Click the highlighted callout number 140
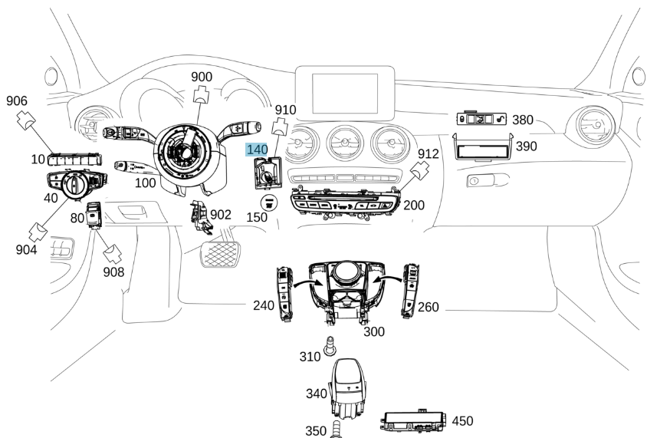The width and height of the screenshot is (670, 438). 256,150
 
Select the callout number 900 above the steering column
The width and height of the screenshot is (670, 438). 202,77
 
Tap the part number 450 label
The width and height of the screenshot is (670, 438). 462,421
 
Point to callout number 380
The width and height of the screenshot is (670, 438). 523,120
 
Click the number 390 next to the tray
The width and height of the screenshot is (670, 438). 526,146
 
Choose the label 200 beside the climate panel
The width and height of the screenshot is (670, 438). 414,206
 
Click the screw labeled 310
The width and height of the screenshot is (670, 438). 331,347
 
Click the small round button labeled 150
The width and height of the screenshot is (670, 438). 269,203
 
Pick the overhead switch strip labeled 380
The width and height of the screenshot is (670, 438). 482,119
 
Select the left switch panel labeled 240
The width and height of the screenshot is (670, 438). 285,291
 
